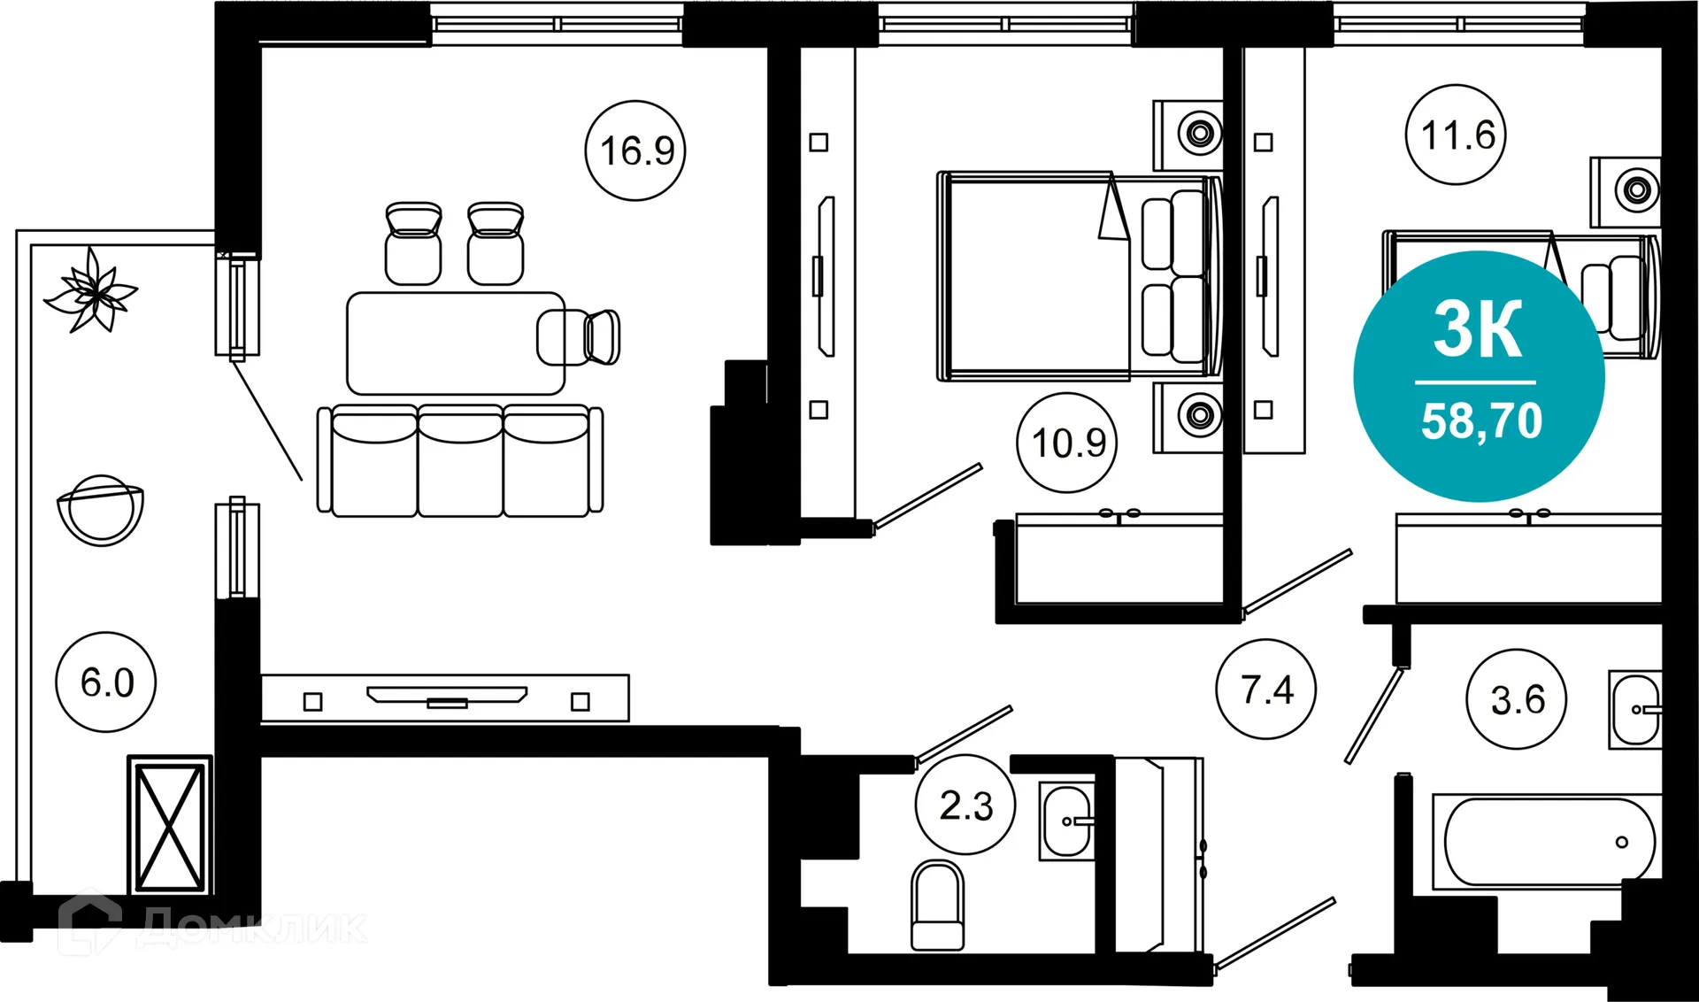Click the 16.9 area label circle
pos(635,150)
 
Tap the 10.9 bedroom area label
pos(1067,443)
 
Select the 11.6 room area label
pos(1456,135)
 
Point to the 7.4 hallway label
pos(1265,689)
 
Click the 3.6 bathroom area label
pos(1517,699)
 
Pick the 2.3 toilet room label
pos(965,805)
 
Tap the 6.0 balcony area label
pos(106,682)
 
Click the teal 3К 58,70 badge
pos(1479,376)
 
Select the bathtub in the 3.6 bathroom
pos(1549,842)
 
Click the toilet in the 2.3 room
pos(937,906)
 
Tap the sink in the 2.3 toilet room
pos(1066,821)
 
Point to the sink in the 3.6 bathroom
pos(1635,710)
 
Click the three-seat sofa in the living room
pos(460,461)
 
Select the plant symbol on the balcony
pos(90,292)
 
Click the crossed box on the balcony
pos(169,827)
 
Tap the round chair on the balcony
pos(100,510)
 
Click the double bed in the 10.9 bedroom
pos(1078,276)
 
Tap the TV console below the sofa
pos(445,698)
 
